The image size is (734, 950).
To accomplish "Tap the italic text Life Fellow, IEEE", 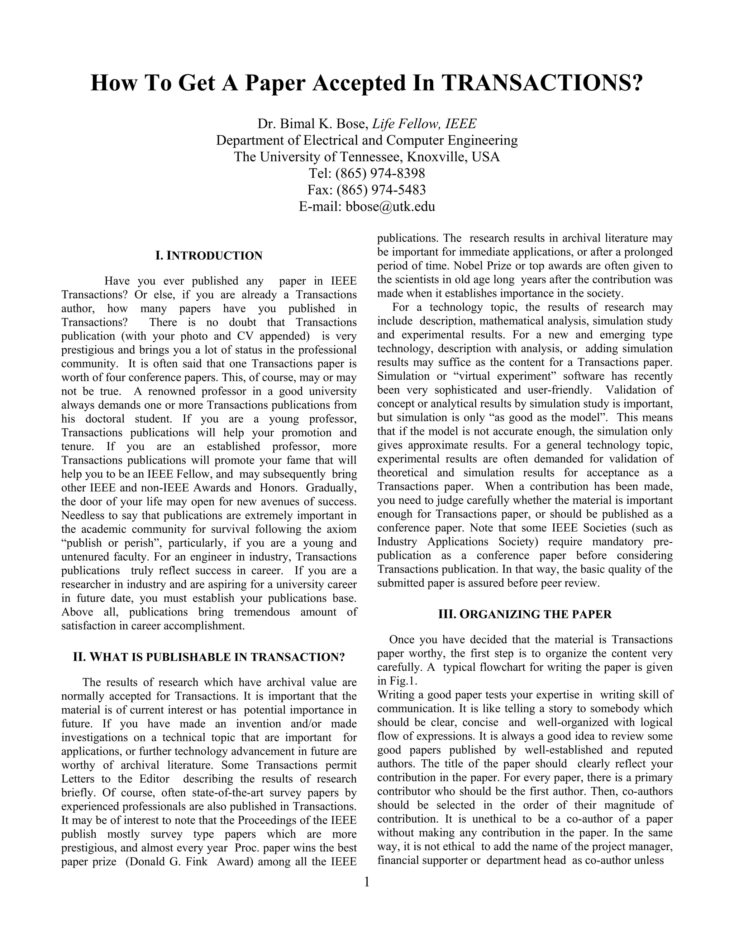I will (x=424, y=124).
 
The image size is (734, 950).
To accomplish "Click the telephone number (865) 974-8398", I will (x=380, y=173).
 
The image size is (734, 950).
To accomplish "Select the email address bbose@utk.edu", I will (x=390, y=206).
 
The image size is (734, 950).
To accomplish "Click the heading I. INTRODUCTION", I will (x=209, y=256).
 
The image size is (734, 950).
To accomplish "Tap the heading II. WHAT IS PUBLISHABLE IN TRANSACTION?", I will (x=209, y=657).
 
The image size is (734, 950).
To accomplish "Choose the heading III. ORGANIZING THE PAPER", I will (x=525, y=614).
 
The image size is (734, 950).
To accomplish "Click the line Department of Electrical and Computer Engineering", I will (x=367, y=141).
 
